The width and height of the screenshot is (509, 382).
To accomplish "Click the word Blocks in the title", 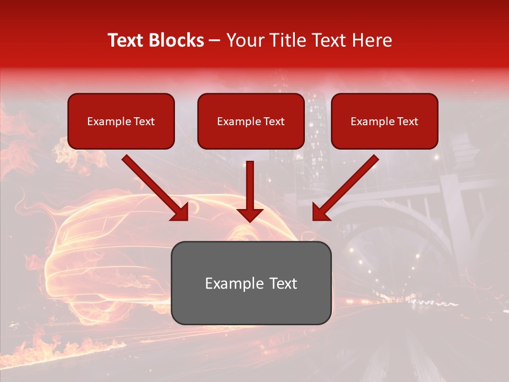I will click(x=178, y=40).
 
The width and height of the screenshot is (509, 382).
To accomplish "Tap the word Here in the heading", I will click(x=373, y=40).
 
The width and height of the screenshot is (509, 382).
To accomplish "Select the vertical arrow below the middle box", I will click(x=250, y=191).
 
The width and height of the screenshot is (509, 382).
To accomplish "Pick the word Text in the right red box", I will click(x=408, y=121).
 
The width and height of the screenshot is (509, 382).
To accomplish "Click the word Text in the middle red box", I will click(x=274, y=121).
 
